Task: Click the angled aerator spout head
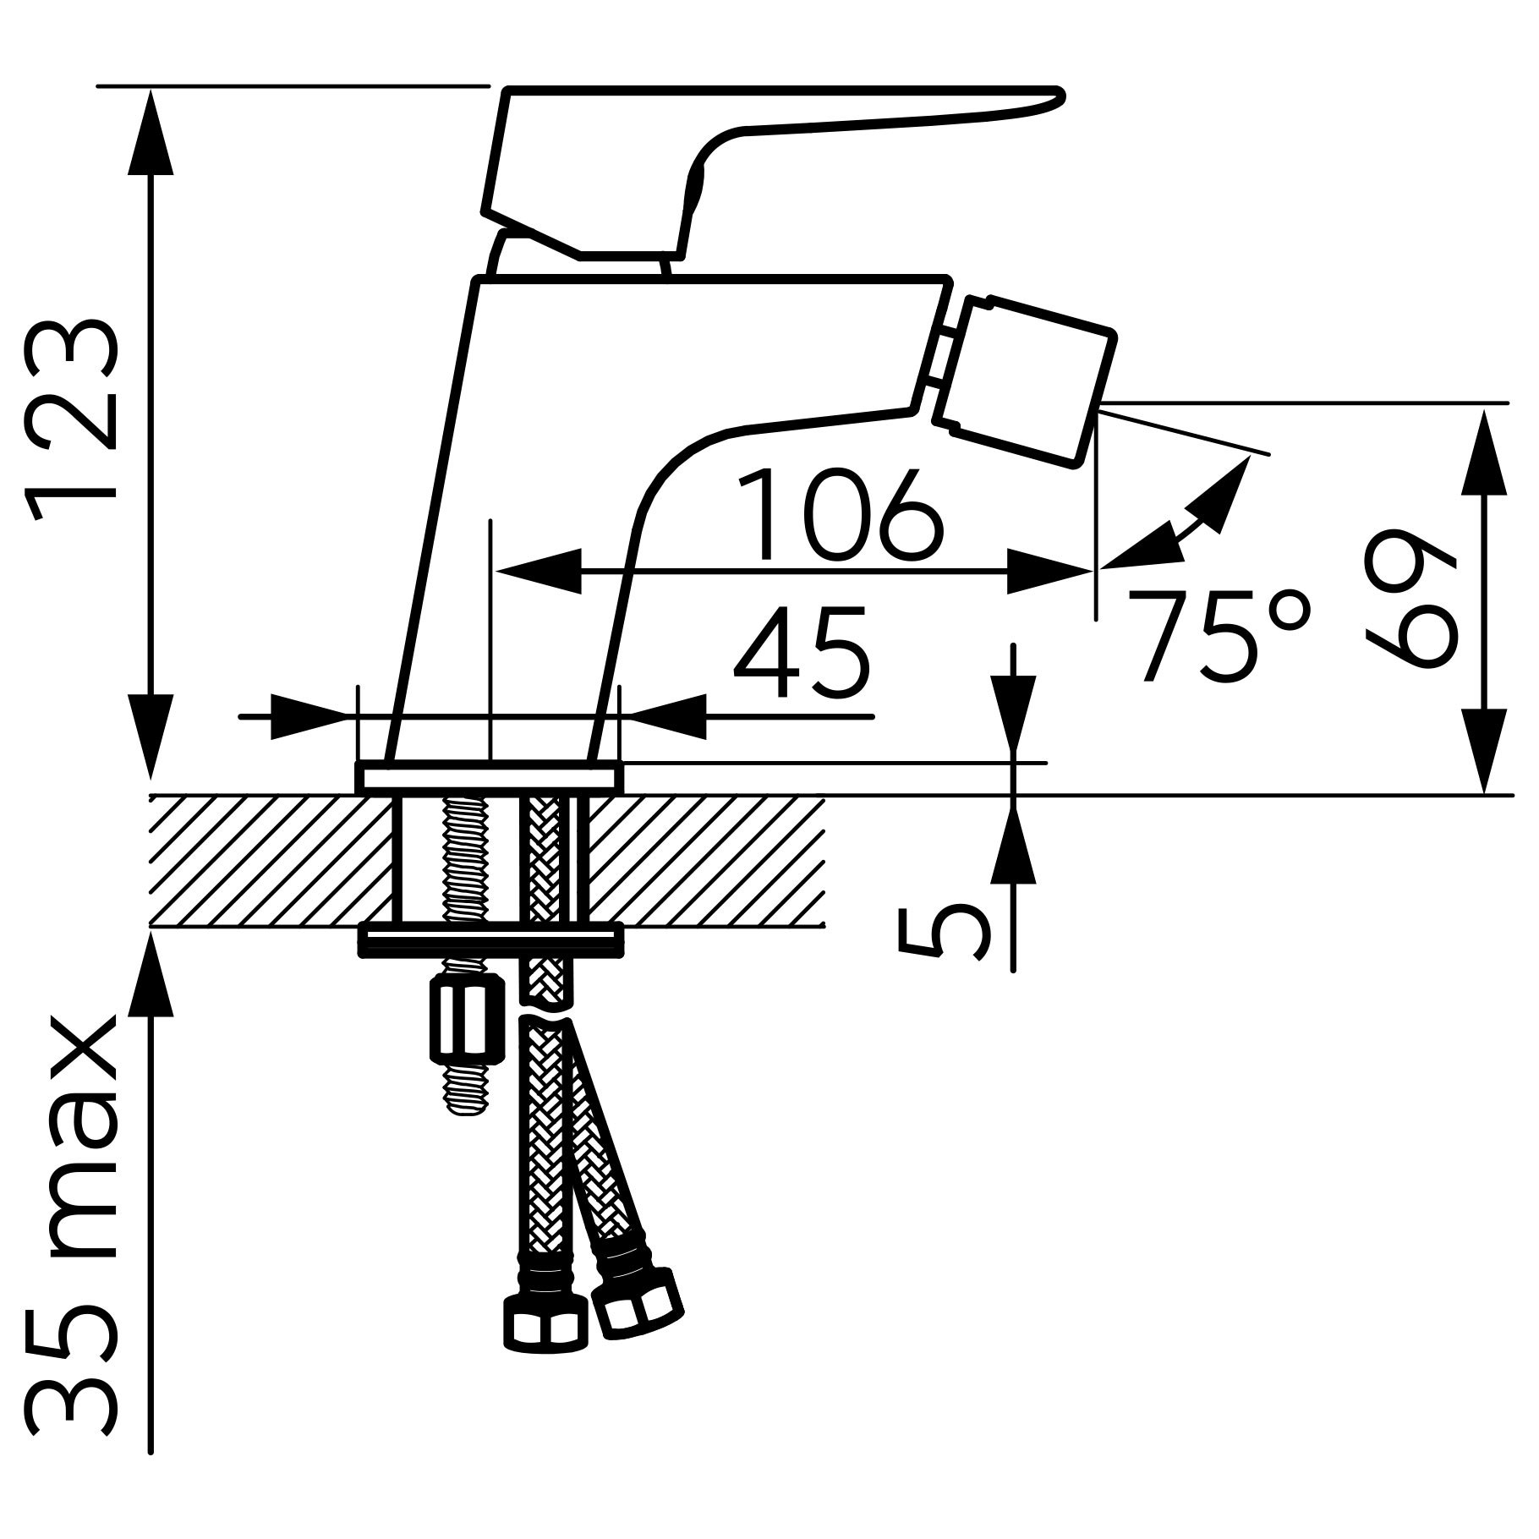1025,380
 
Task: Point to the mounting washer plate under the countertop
491,940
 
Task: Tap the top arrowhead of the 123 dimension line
151,131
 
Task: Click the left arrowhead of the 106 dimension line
538,572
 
